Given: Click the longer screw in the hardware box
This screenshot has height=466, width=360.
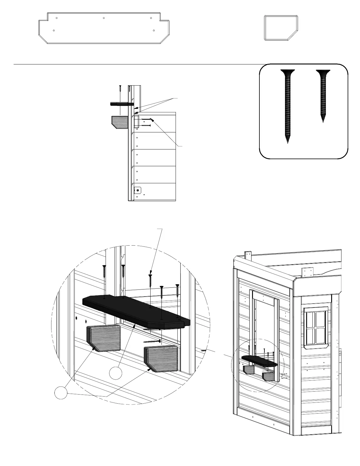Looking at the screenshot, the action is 287,106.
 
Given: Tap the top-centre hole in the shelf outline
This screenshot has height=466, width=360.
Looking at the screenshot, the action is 104,18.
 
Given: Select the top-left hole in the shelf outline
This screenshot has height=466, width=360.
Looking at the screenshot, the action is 56,18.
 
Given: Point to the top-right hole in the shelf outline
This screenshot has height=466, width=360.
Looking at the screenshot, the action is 151,18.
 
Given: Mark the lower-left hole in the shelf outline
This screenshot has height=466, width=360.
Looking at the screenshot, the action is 54,31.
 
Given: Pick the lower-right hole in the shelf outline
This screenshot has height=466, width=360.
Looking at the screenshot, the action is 154,31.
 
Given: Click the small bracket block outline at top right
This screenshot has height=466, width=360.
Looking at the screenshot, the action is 281,28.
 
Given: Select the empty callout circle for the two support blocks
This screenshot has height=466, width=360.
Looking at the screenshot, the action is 61,393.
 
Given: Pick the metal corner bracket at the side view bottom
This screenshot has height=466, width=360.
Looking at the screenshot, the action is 137,191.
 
